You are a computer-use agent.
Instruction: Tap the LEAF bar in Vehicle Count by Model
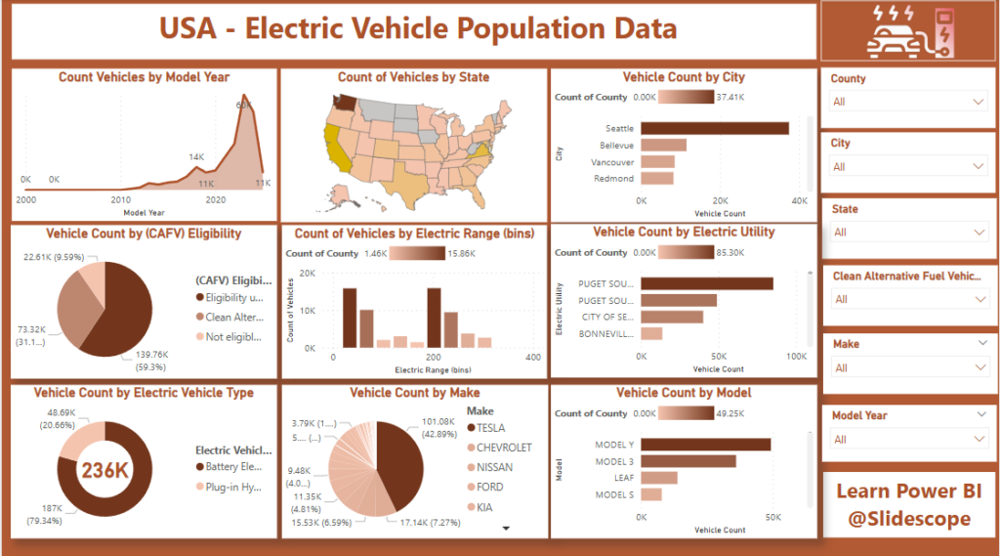tap(659, 478)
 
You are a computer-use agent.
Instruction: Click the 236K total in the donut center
tap(105, 470)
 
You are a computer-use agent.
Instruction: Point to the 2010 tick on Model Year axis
tap(120, 198)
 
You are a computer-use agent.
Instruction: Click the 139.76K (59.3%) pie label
tap(142, 360)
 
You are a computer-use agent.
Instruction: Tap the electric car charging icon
tap(908, 30)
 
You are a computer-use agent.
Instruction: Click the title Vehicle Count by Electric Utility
tap(684, 232)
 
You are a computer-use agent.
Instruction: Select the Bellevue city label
tap(616, 145)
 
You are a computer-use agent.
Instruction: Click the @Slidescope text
tap(908, 519)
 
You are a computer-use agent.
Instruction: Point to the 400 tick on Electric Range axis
tap(533, 358)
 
